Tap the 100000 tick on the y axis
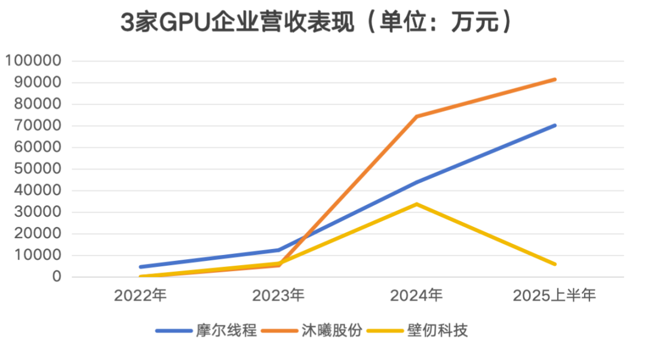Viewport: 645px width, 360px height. [x=33, y=61]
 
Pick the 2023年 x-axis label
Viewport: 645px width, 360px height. [x=279, y=295]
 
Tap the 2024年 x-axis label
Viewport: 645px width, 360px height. [x=417, y=295]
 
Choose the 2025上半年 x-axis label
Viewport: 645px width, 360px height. [x=555, y=295]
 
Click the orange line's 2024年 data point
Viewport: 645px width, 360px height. [x=416, y=116]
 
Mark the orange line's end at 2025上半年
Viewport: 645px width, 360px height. [x=555, y=79]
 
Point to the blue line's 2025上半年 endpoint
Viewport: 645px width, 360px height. [x=555, y=125]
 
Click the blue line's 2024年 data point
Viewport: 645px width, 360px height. [x=417, y=182]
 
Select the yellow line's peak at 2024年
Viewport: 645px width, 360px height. [x=417, y=204]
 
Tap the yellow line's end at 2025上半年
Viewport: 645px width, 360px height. [x=555, y=264]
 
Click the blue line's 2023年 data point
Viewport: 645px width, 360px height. [x=279, y=250]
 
